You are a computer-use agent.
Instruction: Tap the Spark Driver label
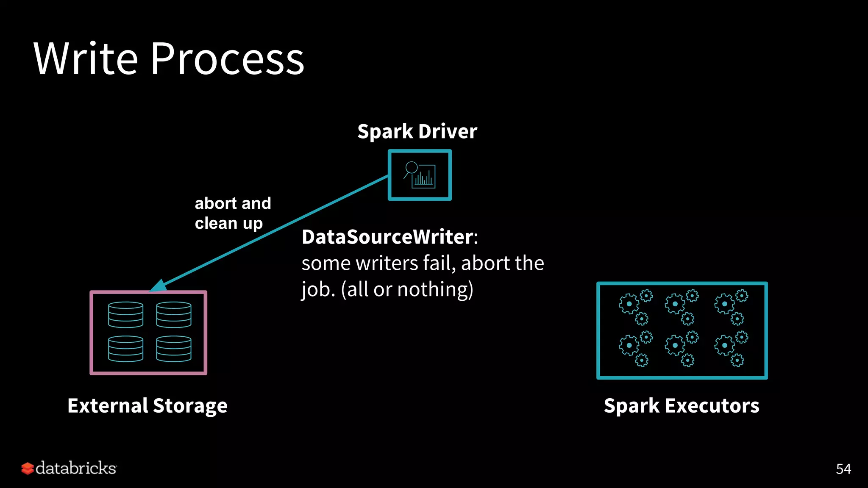(417, 131)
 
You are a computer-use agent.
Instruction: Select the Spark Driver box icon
(420, 175)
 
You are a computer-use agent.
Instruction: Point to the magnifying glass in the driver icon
(411, 168)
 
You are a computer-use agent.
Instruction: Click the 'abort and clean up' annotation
(232, 213)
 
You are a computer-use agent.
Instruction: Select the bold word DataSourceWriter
(387, 237)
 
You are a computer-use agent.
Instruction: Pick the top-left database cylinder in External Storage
(125, 315)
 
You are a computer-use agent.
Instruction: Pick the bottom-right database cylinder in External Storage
(174, 349)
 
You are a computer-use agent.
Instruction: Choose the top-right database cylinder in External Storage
(174, 315)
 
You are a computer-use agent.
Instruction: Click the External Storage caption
(147, 405)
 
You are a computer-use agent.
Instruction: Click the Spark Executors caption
(682, 405)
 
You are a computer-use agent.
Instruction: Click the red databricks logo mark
(28, 468)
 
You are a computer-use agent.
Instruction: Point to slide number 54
(843, 469)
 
